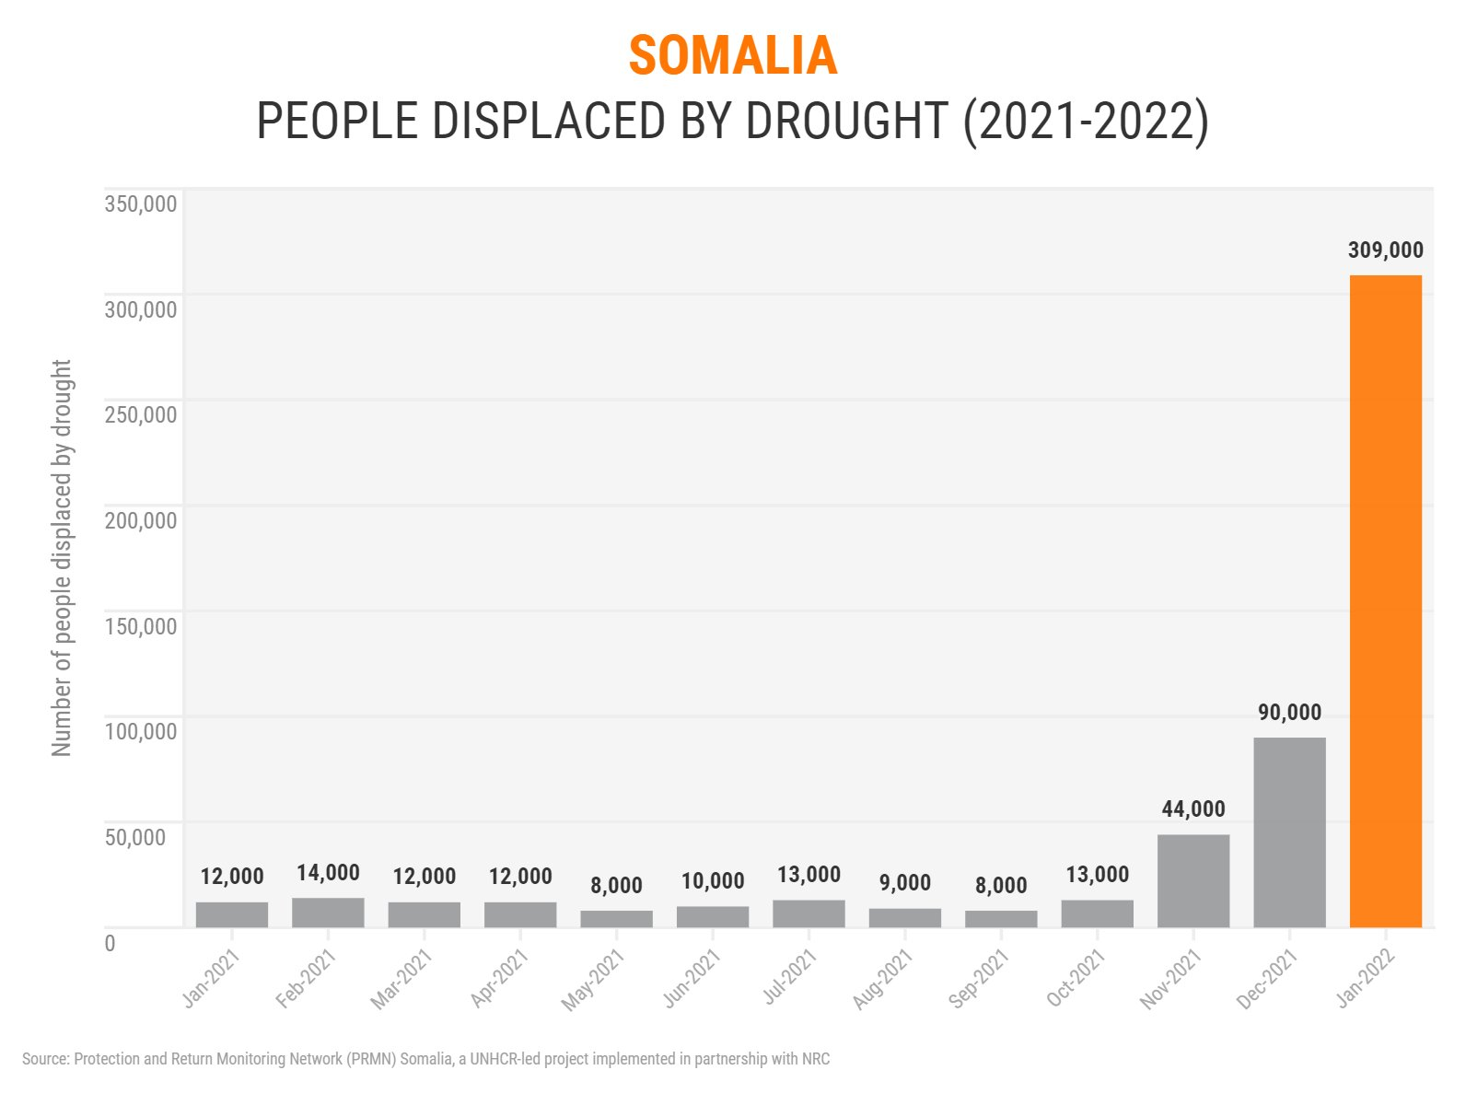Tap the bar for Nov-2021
(x=1193, y=880)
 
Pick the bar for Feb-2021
(x=328, y=913)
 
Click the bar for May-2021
(x=616, y=919)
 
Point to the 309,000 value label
(x=1385, y=250)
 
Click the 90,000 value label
(x=1289, y=713)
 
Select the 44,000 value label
(x=1193, y=809)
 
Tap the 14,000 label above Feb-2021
(x=328, y=873)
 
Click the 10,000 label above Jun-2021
(x=713, y=881)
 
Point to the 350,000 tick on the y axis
(x=141, y=204)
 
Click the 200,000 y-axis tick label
(x=141, y=521)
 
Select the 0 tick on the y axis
(x=111, y=943)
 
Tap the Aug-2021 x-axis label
(x=882, y=980)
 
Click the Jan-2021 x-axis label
(x=211, y=980)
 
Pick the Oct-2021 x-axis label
(x=1076, y=980)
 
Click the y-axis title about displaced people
(x=62, y=558)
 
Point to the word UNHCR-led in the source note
(x=505, y=1059)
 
